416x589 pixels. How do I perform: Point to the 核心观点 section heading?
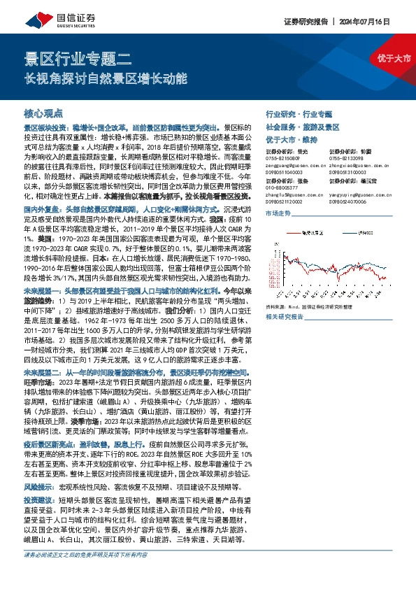click(43, 113)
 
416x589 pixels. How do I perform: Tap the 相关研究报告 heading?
click(285, 316)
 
